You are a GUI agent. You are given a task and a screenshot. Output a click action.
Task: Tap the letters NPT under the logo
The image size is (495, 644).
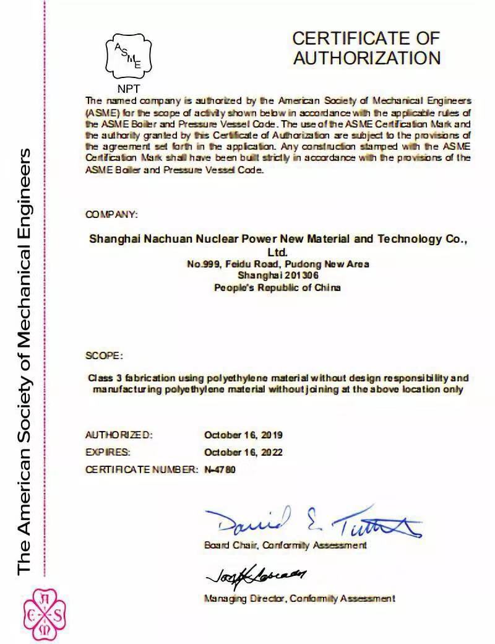click(x=129, y=89)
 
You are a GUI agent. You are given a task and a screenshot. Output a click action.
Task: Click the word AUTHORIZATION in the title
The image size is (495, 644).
click(x=366, y=58)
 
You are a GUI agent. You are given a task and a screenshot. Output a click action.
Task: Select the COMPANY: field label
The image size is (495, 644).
click(x=111, y=214)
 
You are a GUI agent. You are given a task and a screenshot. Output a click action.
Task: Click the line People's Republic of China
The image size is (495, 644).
click(x=277, y=287)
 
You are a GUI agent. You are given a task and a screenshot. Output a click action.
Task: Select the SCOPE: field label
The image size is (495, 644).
click(x=104, y=356)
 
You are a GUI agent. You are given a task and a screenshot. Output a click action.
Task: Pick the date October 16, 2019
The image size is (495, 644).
click(x=243, y=435)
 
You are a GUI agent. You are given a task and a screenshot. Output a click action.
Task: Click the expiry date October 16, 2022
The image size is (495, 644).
click(x=243, y=452)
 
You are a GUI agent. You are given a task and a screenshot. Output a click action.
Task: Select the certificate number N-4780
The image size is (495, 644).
click(x=220, y=469)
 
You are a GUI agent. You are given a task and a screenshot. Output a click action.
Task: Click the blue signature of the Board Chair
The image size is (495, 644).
click(x=312, y=522)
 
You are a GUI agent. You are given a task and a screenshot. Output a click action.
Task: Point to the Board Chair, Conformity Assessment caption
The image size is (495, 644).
click(x=285, y=546)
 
